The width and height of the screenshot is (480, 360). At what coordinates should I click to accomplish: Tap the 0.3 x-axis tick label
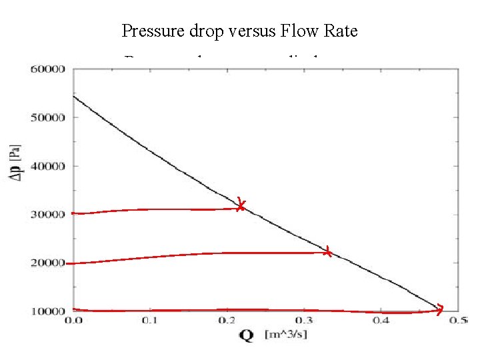click(x=304, y=321)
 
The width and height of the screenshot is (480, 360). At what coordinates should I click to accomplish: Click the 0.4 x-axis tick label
click(x=381, y=321)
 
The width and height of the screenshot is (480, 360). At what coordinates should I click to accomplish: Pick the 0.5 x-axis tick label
click(x=457, y=321)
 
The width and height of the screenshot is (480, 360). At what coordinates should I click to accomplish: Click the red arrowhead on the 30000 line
click(x=241, y=206)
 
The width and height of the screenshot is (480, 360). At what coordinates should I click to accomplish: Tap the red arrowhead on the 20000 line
click(x=327, y=252)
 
